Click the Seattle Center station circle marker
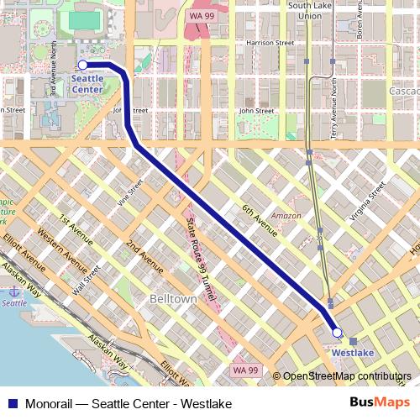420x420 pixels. pos(82,65)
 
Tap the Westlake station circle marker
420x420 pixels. pos(337,333)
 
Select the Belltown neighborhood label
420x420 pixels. pos(172,299)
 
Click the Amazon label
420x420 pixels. pos(286,216)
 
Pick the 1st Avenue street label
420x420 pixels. pos(75,233)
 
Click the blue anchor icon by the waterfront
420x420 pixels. pos(13,290)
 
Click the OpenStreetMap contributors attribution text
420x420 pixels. pos(346,377)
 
